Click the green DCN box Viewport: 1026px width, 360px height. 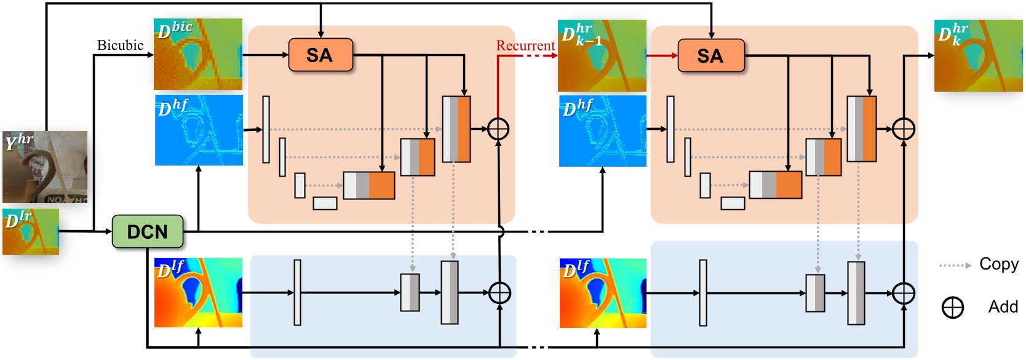click(148, 231)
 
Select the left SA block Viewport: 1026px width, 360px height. click(320, 55)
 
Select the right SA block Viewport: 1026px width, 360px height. click(710, 56)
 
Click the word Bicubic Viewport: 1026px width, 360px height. click(120, 45)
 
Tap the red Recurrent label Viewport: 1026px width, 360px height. click(525, 46)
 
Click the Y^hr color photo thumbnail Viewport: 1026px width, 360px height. click(45, 167)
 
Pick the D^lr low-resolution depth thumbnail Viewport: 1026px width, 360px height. click(31, 231)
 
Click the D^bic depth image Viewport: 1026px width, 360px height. click(197, 54)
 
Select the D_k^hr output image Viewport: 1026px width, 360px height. click(978, 55)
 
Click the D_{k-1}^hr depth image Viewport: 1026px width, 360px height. click(602, 55)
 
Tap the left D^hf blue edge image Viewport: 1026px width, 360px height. click(199, 130)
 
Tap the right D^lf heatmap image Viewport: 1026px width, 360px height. click(603, 293)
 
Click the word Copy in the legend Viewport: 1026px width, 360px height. click(998, 264)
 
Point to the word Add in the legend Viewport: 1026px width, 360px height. click(1003, 306)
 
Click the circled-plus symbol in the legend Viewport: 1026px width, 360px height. click(953, 307)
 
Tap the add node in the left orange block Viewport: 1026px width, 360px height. click(498, 129)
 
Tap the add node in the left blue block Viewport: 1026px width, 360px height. click(499, 293)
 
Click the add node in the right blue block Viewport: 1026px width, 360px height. click(903, 293)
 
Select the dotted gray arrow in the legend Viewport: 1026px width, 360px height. click(955, 265)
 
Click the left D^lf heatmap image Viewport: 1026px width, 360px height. click(197, 293)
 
